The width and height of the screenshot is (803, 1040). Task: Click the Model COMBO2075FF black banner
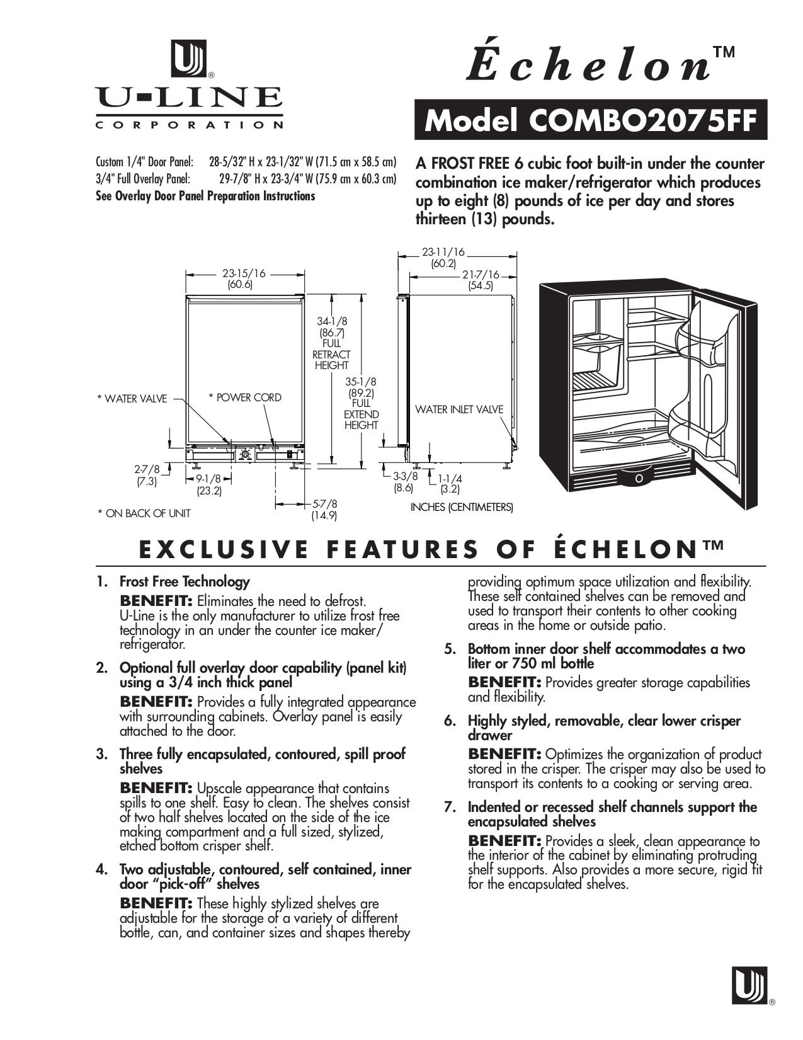click(590, 120)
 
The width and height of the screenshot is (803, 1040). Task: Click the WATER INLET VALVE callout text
click(459, 409)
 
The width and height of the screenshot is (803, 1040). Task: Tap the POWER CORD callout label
click(245, 397)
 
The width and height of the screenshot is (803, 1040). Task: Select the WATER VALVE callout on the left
click(132, 398)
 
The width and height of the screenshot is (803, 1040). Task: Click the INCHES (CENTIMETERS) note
click(462, 507)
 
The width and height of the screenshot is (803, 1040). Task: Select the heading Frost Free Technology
click(185, 581)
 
